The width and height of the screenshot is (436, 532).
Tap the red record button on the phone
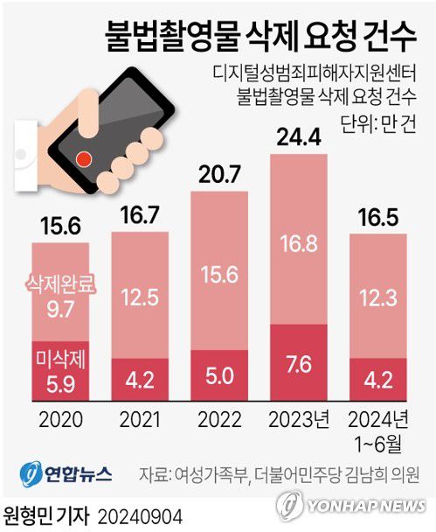(x=84, y=159)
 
